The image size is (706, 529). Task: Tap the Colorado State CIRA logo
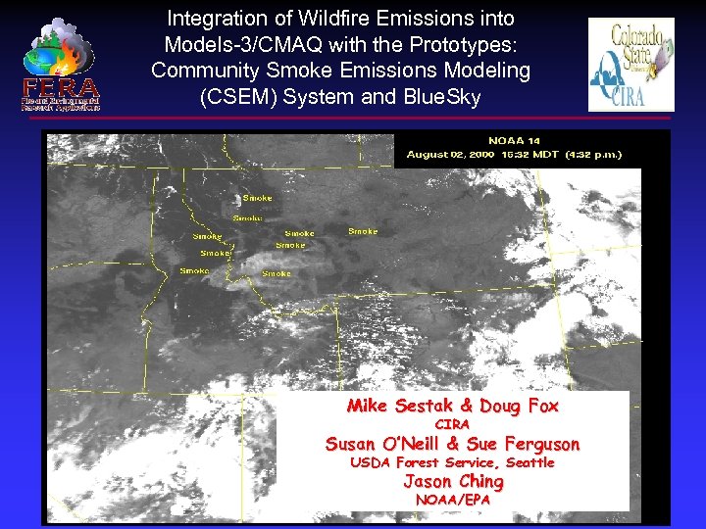(x=630, y=65)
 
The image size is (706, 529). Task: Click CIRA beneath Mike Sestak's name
(x=452, y=424)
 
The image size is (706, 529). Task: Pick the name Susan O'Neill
(x=382, y=444)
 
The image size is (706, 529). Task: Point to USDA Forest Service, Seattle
(x=452, y=462)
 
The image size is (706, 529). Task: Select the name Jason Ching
(x=453, y=481)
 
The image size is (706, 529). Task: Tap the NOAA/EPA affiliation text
(x=452, y=500)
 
